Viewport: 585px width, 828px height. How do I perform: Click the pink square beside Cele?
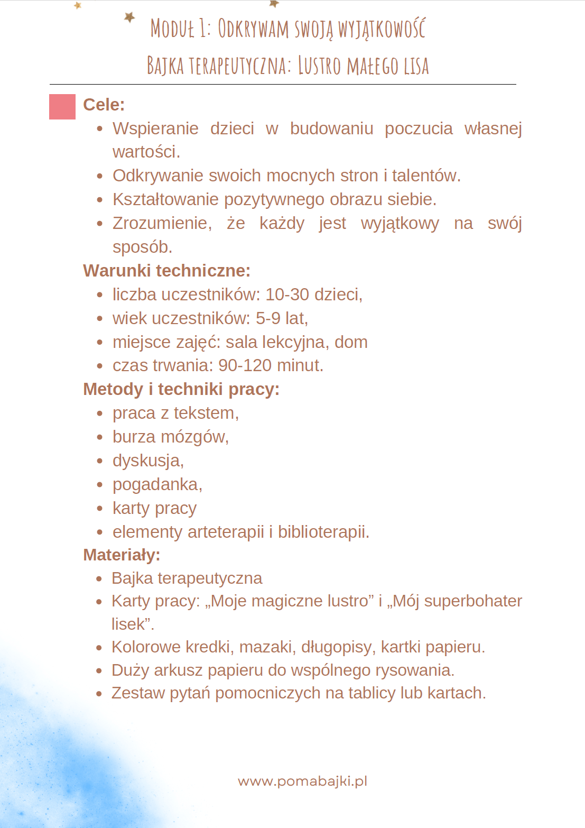click(62, 107)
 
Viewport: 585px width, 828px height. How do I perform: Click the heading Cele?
click(104, 105)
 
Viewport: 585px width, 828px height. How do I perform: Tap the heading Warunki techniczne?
click(166, 271)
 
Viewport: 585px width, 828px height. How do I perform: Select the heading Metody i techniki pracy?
click(181, 389)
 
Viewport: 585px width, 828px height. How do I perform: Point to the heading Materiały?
click(122, 555)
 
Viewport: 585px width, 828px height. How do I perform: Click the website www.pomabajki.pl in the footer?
click(302, 781)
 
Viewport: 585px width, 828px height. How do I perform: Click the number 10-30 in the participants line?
click(287, 295)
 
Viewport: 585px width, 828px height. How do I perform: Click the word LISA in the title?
click(416, 66)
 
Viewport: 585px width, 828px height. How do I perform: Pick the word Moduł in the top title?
click(172, 29)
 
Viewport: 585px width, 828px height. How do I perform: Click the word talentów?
click(426, 176)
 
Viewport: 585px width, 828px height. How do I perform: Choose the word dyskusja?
click(147, 461)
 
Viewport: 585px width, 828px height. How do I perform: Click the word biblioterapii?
click(323, 532)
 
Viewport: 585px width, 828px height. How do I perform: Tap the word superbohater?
click(473, 601)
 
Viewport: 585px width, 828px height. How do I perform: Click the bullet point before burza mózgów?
click(100, 437)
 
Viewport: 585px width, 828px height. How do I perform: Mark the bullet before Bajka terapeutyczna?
click(99, 579)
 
